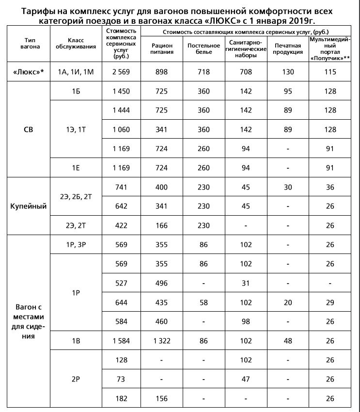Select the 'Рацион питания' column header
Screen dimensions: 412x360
click(x=161, y=48)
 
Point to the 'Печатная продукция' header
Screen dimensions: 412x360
click(x=288, y=48)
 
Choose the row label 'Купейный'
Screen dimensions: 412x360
click(x=29, y=206)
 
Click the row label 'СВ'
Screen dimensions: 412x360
click(x=29, y=130)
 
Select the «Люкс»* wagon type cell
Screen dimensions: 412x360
click(x=29, y=72)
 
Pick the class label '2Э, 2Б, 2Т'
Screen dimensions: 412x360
click(x=75, y=196)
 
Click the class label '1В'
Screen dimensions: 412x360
click(x=75, y=341)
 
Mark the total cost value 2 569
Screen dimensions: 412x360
click(x=122, y=72)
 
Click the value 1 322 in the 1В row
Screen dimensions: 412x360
click(x=161, y=341)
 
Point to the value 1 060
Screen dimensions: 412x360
click(x=122, y=129)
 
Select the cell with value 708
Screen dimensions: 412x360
click(x=246, y=72)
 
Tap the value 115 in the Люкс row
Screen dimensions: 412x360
click(x=330, y=72)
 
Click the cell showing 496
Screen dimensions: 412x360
click(x=161, y=283)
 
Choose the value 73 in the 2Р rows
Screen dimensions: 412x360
click(x=122, y=379)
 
